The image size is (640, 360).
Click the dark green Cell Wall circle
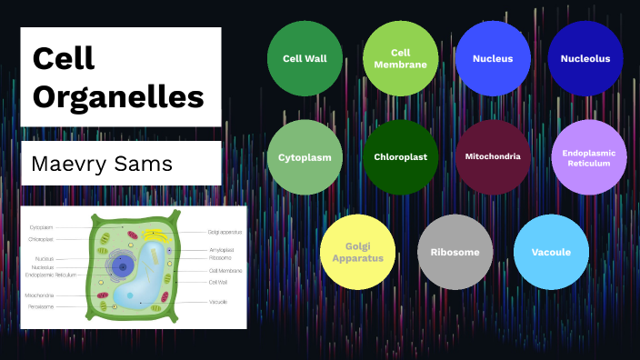(x=305, y=58)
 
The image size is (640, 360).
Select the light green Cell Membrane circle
(x=400, y=58)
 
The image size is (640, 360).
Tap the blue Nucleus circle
(x=493, y=58)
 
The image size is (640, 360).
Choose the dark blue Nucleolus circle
(x=585, y=58)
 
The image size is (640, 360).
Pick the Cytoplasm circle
(x=305, y=156)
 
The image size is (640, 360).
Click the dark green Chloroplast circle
(x=400, y=156)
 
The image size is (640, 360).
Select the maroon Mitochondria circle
(x=493, y=156)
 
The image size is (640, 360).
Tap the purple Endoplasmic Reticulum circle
(x=589, y=156)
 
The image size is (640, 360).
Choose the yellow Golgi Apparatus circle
(x=357, y=252)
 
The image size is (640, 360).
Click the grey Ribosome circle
(x=455, y=252)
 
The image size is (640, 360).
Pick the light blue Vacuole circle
(x=551, y=252)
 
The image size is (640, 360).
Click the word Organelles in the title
(x=118, y=96)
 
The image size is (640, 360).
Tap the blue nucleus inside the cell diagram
(x=124, y=265)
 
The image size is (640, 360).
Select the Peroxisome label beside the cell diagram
(x=40, y=306)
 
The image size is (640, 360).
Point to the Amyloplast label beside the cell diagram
(x=222, y=249)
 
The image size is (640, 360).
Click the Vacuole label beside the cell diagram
(x=218, y=301)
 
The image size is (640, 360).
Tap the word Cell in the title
(x=65, y=57)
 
